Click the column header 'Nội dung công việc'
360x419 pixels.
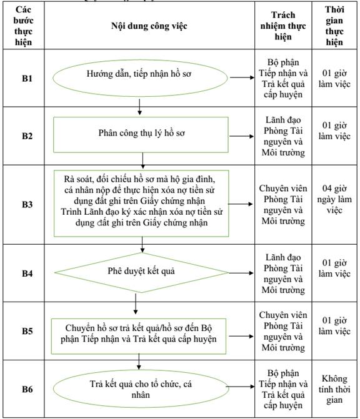pyautogui.click(x=149, y=26)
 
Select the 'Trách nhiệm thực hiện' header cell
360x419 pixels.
pyautogui.click(x=283, y=26)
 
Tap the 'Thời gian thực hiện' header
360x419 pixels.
pyautogui.click(x=334, y=26)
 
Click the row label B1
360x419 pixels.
pyautogui.click(x=27, y=78)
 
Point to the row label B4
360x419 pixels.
pyautogui.click(x=27, y=274)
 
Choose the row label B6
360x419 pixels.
pyautogui.click(x=27, y=389)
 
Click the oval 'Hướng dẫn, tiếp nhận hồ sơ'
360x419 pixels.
pyautogui.click(x=140, y=78)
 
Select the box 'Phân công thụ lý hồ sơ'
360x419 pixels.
pyautogui.click(x=141, y=135)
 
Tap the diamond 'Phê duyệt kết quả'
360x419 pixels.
pyautogui.click(x=141, y=272)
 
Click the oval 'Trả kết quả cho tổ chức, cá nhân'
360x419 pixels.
pyautogui.click(x=141, y=389)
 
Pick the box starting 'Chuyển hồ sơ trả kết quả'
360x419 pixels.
pyautogui.click(x=139, y=336)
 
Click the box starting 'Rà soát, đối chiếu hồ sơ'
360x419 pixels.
pyautogui.click(x=141, y=204)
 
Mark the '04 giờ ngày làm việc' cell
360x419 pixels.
pyautogui.click(x=334, y=199)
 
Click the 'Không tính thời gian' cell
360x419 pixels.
pyautogui.click(x=334, y=389)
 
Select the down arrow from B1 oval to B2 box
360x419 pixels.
pyautogui.click(x=139, y=107)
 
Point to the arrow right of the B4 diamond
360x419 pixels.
pyautogui.click(x=241, y=273)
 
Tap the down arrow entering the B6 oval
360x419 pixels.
pyautogui.click(x=139, y=362)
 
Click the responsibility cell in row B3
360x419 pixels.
pyautogui.click(x=283, y=205)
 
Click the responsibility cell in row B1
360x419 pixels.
pyautogui.click(x=283, y=78)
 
